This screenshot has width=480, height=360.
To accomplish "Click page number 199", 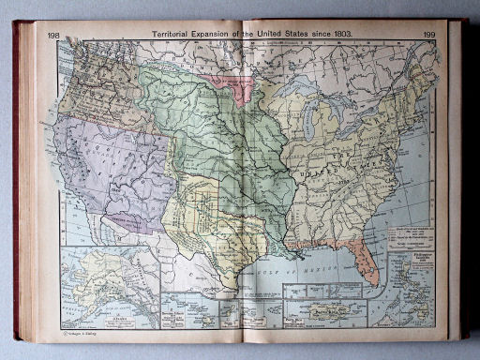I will click(428, 35).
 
